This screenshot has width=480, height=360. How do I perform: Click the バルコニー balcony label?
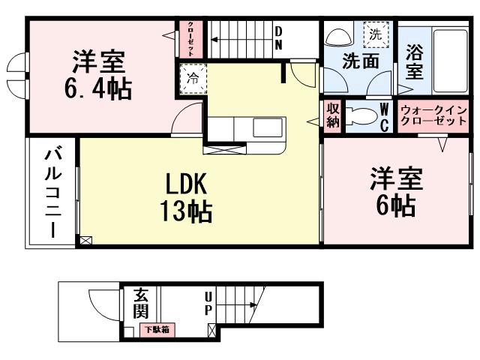click(x=53, y=193)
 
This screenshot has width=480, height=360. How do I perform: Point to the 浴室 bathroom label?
click(x=414, y=62)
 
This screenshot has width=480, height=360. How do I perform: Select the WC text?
click(x=383, y=117)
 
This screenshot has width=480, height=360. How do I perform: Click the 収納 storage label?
click(x=332, y=116)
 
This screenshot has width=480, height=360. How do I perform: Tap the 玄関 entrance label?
click(x=141, y=301)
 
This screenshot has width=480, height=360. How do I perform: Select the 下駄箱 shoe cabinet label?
click(x=157, y=329)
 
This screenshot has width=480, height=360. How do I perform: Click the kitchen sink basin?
click(x=266, y=128)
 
